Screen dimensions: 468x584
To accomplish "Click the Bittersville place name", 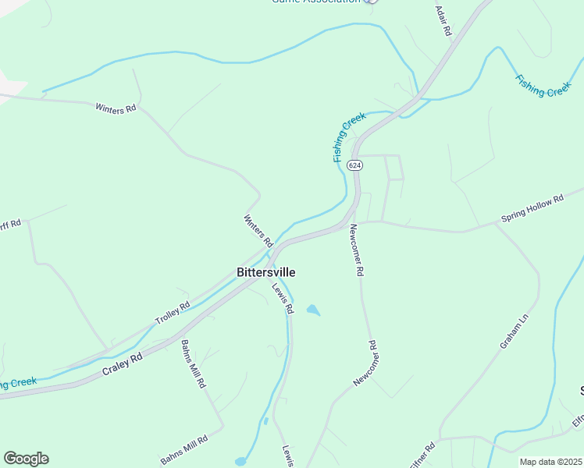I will pyautogui.click(x=265, y=272).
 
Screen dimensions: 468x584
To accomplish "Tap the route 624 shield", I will pyautogui.click(x=355, y=165).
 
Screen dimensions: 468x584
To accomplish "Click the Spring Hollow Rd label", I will pyautogui.click(x=532, y=210).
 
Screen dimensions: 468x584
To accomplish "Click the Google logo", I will pyautogui.click(x=26, y=459).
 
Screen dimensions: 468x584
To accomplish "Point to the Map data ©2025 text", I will pyautogui.click(x=550, y=462).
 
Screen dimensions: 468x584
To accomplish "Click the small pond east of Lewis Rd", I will pyautogui.click(x=313, y=310).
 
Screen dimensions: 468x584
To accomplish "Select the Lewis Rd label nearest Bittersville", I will pyautogui.click(x=283, y=298).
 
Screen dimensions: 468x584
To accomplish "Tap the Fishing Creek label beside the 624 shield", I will pyautogui.click(x=349, y=137).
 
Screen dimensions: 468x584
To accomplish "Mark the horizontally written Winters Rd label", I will pyautogui.click(x=116, y=109).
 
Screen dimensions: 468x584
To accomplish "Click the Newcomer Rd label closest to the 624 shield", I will pyautogui.click(x=356, y=250).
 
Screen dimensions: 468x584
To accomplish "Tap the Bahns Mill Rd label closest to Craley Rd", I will pyautogui.click(x=193, y=364).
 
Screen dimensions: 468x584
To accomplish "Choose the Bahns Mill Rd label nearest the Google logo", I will pyautogui.click(x=184, y=449).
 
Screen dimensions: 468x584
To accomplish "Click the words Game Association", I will pyautogui.click(x=315, y=2).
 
